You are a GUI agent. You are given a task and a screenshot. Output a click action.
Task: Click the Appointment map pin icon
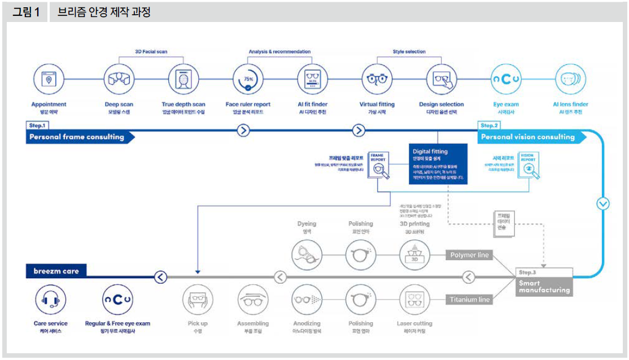[x=49, y=80]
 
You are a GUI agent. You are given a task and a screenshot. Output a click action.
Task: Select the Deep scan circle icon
[x=119, y=80]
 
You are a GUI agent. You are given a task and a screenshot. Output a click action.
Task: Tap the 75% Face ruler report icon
[x=248, y=80]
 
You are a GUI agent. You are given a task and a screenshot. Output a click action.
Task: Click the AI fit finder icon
[x=312, y=80]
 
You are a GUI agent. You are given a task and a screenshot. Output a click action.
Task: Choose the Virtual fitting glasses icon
[x=377, y=80]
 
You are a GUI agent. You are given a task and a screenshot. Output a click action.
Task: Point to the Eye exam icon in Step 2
[x=505, y=80]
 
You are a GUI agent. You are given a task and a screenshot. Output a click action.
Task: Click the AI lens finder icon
[x=570, y=80]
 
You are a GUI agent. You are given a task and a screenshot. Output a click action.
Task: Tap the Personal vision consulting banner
[x=527, y=137]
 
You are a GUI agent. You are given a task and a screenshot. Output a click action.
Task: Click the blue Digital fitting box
[x=438, y=164]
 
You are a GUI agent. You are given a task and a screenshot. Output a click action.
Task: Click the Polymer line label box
[x=469, y=255]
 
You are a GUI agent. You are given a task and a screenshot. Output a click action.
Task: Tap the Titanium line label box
[x=469, y=300]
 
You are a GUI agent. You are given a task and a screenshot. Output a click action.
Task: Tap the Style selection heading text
[x=409, y=52]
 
